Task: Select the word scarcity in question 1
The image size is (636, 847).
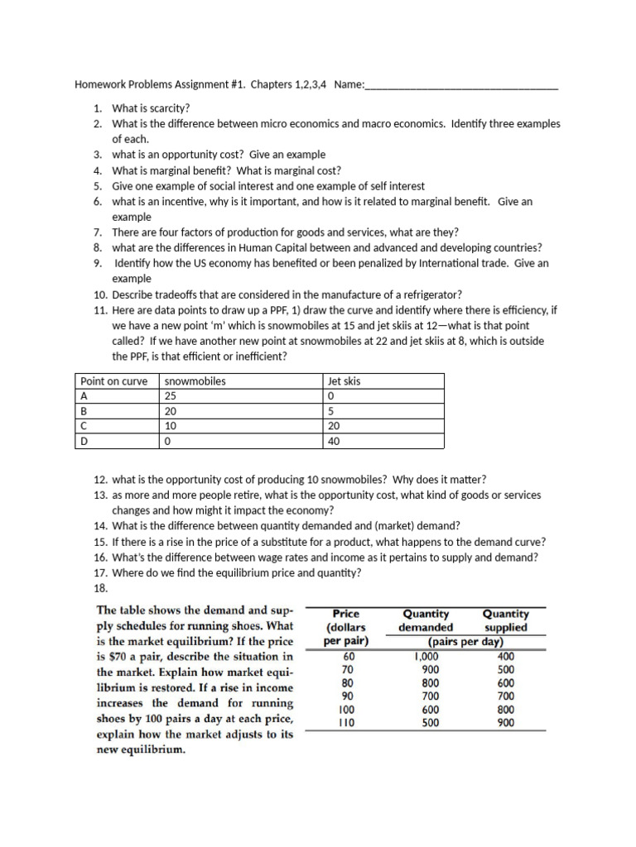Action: pyautogui.click(x=167, y=108)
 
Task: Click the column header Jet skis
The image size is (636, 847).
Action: pyautogui.click(x=344, y=381)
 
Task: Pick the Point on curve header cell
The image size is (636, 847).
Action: pyautogui.click(x=114, y=381)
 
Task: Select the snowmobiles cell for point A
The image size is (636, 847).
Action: pyautogui.click(x=171, y=396)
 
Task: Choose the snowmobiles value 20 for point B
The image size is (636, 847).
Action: pyautogui.click(x=171, y=411)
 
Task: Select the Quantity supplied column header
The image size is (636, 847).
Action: pyautogui.click(x=505, y=620)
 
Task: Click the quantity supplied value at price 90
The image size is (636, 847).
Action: pyautogui.click(x=505, y=696)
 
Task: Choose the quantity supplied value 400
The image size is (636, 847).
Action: pyautogui.click(x=505, y=656)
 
